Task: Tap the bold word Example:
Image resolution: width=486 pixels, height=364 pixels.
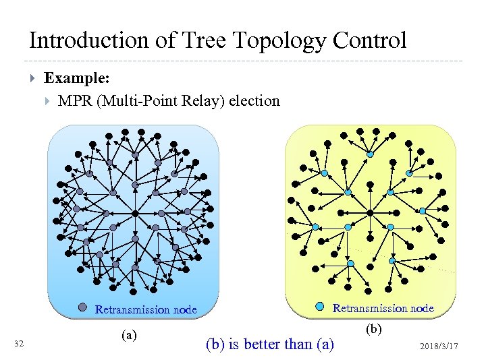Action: tap(77, 78)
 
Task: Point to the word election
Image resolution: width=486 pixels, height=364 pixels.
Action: tap(254, 101)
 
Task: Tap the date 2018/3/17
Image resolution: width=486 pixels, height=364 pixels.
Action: tap(439, 346)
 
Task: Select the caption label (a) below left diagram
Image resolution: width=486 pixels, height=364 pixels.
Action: tap(128, 334)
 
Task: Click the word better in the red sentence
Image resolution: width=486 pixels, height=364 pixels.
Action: tap(266, 344)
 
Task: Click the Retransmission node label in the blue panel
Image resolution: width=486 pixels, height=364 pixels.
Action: tap(146, 310)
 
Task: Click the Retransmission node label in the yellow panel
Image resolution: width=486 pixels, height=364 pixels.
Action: tap(383, 308)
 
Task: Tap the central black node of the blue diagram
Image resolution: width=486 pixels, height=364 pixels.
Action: tap(135, 213)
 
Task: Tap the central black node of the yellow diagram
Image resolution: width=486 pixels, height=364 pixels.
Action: tap(369, 213)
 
